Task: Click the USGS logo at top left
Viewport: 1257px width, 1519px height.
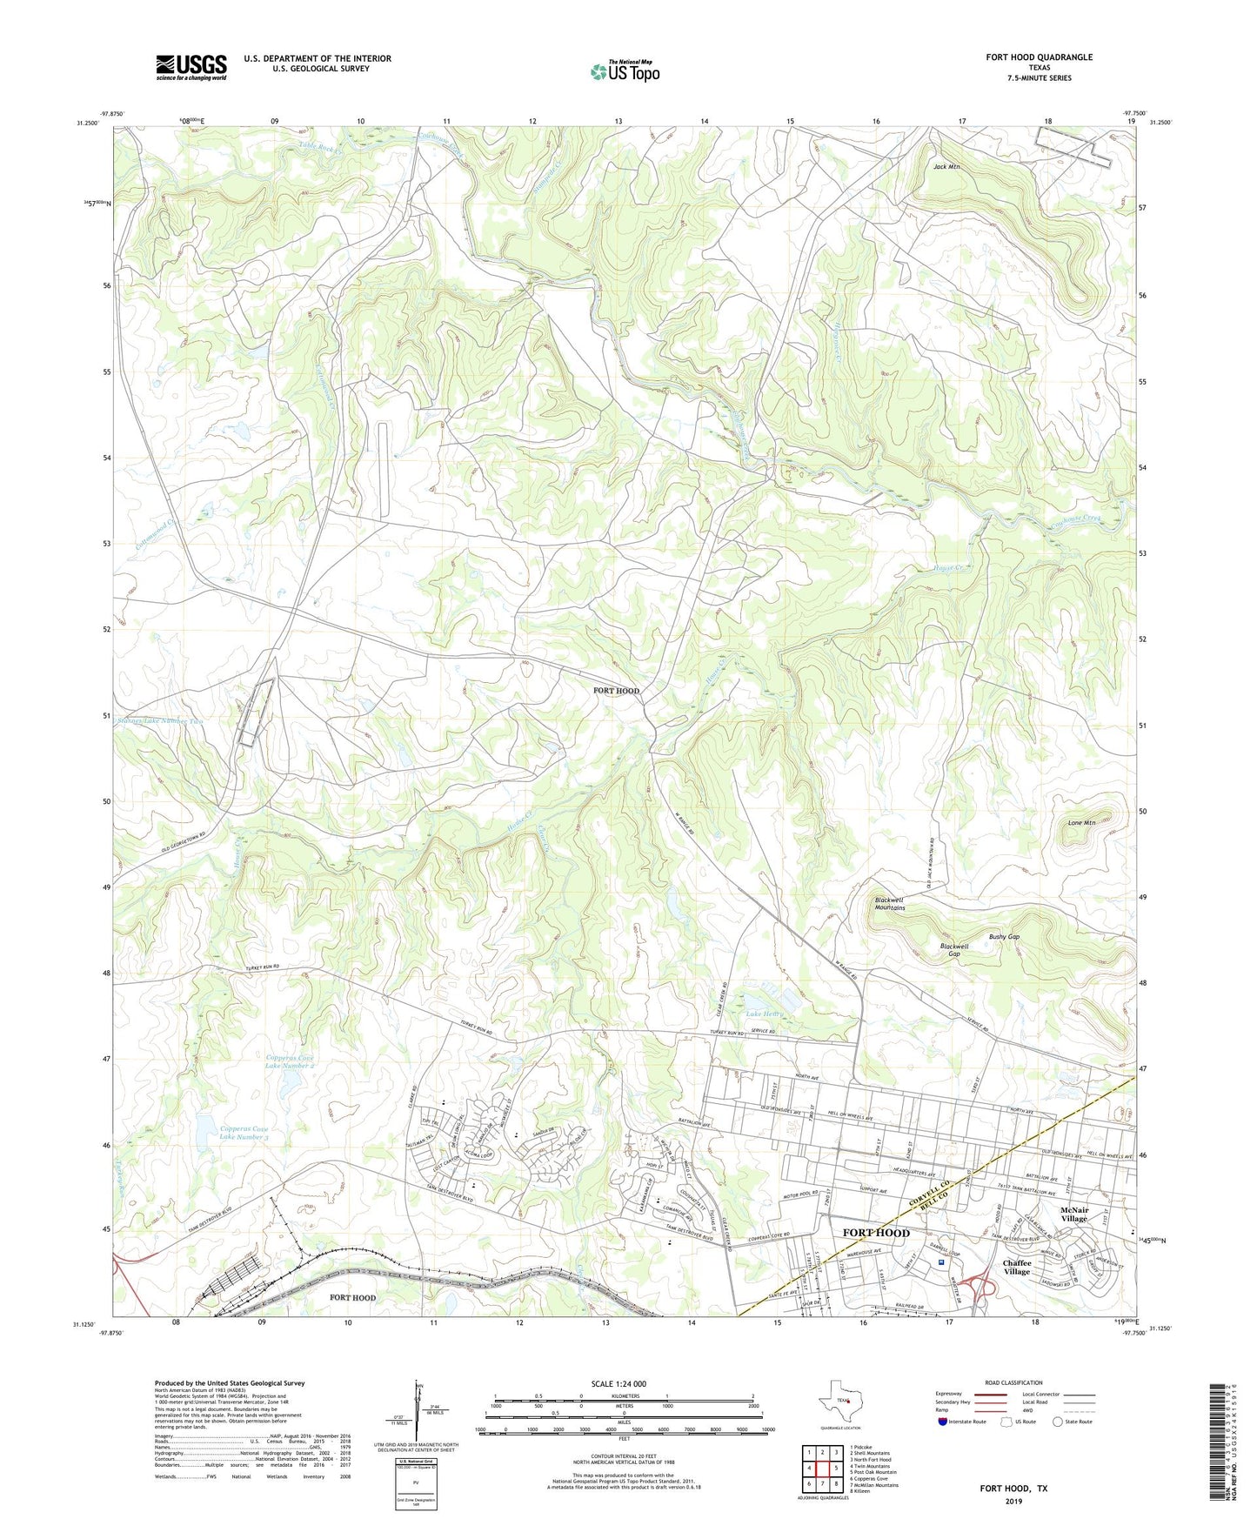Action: (x=191, y=67)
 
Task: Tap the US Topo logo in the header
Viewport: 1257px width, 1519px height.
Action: (x=625, y=71)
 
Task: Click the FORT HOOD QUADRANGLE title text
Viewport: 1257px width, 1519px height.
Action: (x=1039, y=57)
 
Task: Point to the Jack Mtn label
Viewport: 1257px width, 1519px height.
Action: (x=946, y=166)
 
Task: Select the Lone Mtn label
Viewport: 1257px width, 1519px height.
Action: (x=1081, y=822)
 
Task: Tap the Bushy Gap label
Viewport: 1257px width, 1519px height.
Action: (x=1004, y=937)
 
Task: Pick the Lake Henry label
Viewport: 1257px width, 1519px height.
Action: (x=765, y=1014)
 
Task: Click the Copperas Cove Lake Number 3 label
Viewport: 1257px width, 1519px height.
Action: (x=244, y=1133)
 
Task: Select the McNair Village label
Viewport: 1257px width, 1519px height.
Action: (x=1073, y=1215)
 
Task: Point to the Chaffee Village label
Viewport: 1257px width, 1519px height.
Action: (x=1016, y=1267)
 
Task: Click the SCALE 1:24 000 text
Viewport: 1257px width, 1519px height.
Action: (x=618, y=1383)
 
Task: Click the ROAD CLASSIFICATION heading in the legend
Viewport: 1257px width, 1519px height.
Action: (x=1013, y=1382)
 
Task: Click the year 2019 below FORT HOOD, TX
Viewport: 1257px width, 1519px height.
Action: (x=1013, y=1502)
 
